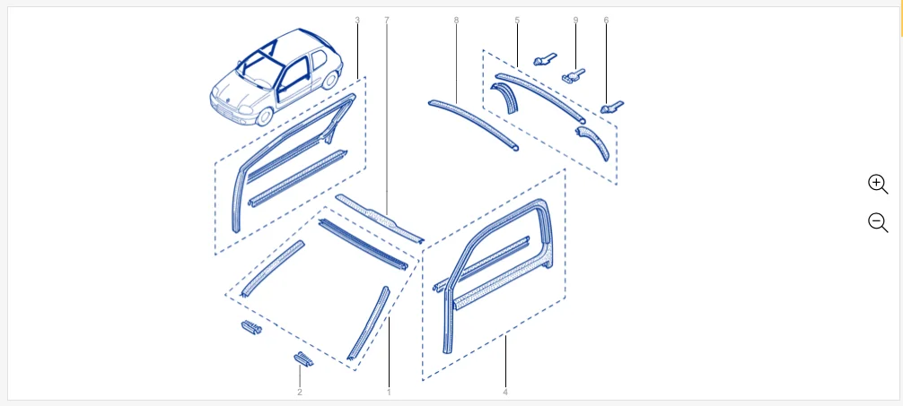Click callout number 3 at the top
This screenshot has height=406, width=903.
357,20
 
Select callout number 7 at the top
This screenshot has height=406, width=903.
387,20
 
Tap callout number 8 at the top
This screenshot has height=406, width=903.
456,20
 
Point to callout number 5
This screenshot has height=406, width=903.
517,20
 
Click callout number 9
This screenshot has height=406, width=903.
575,20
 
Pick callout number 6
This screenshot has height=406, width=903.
606,20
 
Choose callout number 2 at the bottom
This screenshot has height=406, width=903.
300,393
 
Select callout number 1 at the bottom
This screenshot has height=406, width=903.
389,393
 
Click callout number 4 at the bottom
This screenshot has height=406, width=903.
505,393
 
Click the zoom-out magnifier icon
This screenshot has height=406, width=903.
878,222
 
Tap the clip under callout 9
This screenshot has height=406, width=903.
573,75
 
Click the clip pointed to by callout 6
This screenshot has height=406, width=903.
611,107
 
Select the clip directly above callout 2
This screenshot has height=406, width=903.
303,358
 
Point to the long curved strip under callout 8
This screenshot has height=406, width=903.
472,124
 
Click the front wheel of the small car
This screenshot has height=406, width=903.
264,117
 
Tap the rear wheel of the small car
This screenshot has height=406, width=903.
330,80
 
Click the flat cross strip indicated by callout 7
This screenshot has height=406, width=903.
379,218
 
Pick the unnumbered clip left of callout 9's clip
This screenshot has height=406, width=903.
545,58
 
